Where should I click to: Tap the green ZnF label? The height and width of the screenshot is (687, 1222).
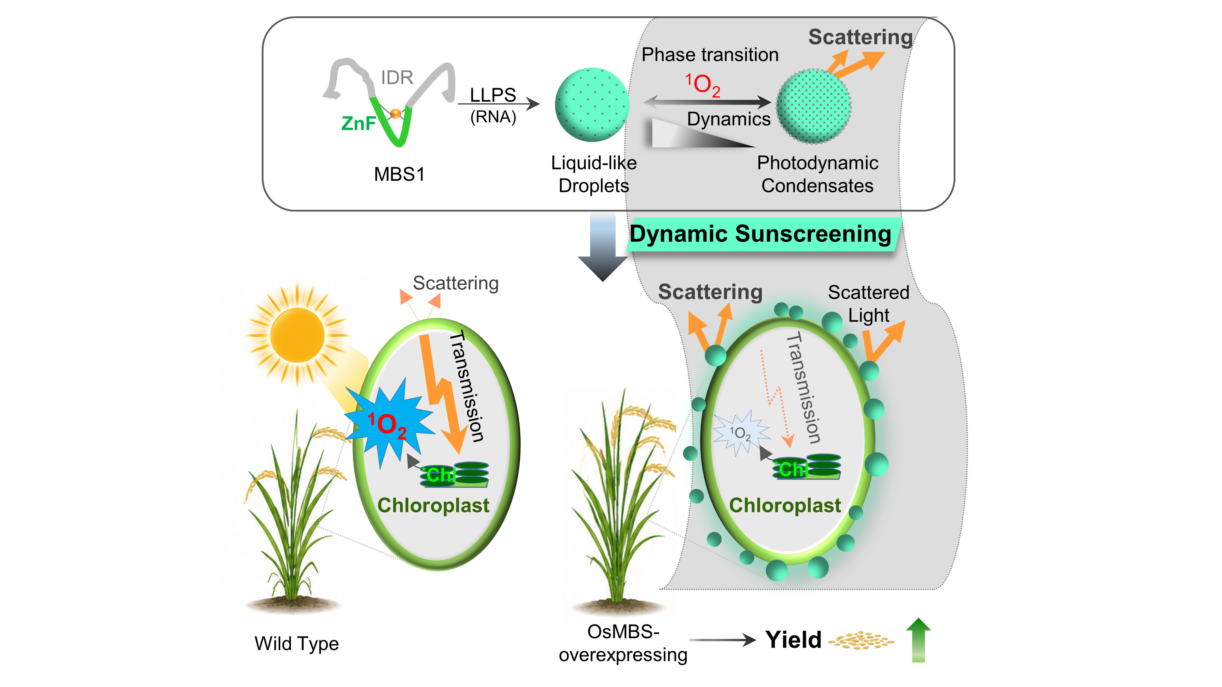tap(359, 123)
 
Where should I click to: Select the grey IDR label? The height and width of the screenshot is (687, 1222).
tap(397, 77)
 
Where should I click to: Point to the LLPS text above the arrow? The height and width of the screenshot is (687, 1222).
tap(493, 95)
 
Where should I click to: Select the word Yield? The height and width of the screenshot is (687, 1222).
tap(794, 640)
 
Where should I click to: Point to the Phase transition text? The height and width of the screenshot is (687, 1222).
tap(710, 55)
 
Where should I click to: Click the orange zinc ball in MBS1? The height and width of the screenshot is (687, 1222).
tap(395, 113)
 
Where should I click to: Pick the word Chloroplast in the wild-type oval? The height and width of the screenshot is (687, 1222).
tap(433, 506)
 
